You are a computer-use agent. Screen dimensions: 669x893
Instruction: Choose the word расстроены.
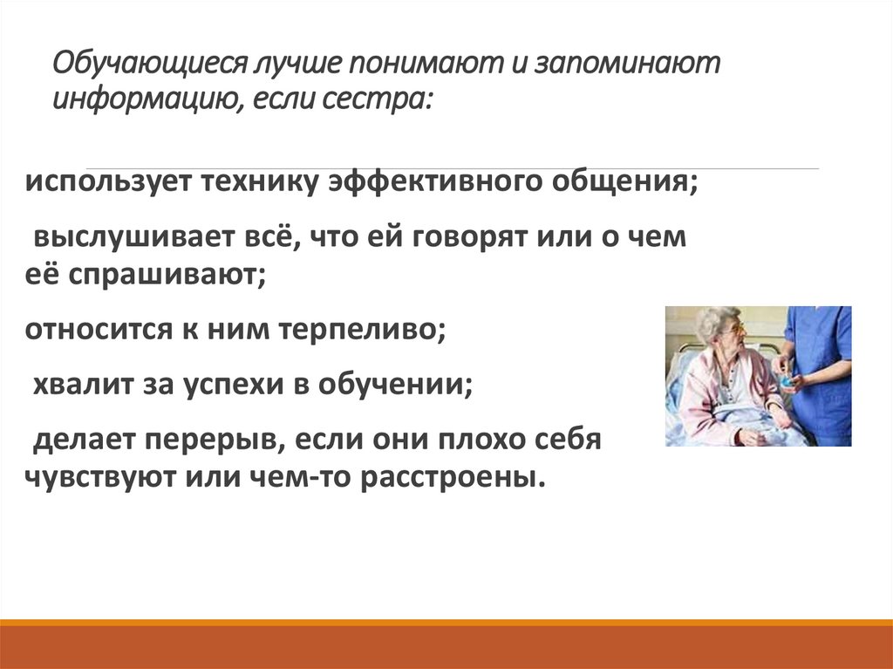tap(448, 477)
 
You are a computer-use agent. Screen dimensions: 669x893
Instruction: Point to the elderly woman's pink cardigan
tap(698, 393)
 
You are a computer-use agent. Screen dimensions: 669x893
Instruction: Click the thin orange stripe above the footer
tap(446, 622)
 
